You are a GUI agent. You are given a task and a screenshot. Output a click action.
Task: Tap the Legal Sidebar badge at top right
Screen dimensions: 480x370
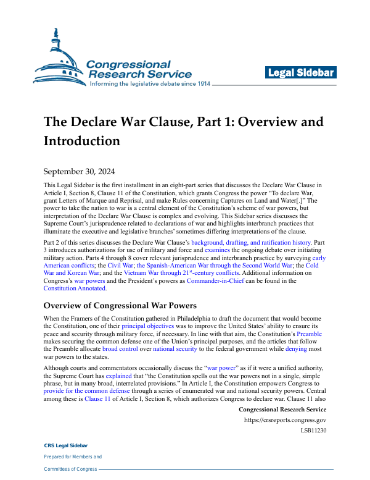click(x=301, y=73)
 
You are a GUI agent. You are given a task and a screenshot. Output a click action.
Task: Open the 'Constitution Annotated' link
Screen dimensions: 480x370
click(x=75, y=288)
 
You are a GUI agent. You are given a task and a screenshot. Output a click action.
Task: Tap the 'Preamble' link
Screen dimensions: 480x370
click(x=310, y=334)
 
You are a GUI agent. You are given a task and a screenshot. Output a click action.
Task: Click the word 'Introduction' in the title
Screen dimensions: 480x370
click(x=81, y=141)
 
